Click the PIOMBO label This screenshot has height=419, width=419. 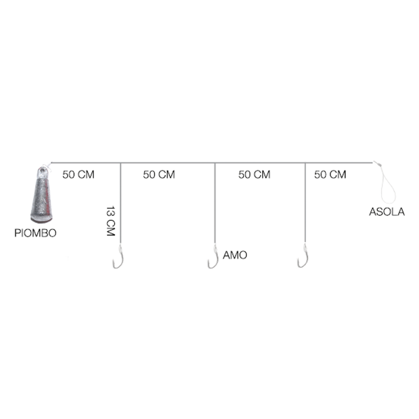(x=35, y=233)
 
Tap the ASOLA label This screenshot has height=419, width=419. (x=387, y=212)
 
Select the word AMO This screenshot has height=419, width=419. (x=235, y=255)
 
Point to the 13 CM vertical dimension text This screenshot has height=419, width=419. (x=111, y=221)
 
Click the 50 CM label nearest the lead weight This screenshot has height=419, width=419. (x=78, y=175)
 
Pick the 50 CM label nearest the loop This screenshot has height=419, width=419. (x=330, y=175)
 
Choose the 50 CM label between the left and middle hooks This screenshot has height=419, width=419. (x=159, y=175)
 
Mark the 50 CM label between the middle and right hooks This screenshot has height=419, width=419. (x=255, y=175)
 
